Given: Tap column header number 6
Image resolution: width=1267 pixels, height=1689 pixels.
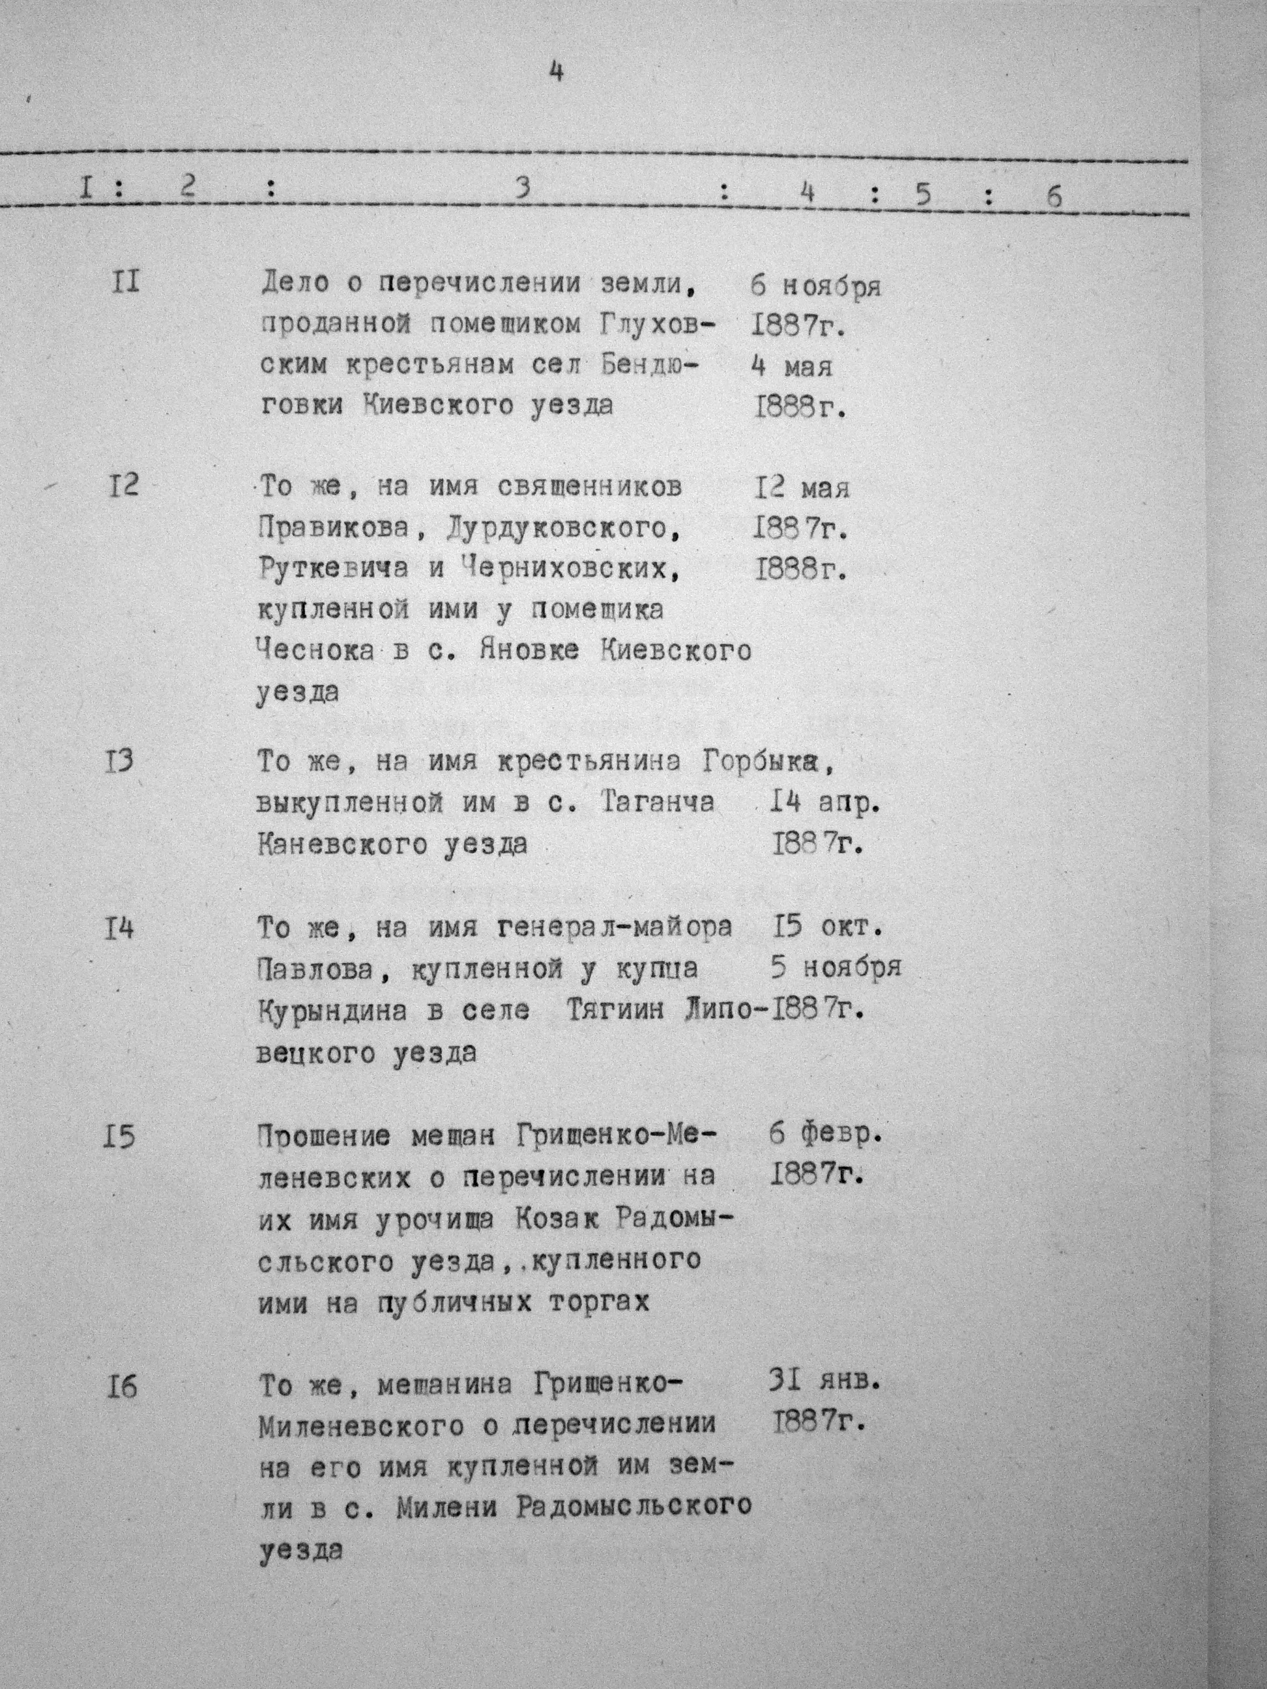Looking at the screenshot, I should [1054, 196].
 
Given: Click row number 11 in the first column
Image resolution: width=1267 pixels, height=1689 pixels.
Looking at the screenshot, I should [124, 283].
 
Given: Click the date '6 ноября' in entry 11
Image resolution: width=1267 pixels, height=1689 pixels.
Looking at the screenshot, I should [815, 286].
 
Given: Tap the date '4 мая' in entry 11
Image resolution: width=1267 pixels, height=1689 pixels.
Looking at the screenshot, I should [791, 366].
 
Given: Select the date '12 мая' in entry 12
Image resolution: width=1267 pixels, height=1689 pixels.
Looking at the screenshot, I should [801, 487].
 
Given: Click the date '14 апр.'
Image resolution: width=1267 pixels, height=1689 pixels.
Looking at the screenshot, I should [819, 803].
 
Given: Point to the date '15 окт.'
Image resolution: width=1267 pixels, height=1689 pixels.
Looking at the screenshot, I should [828, 928].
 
